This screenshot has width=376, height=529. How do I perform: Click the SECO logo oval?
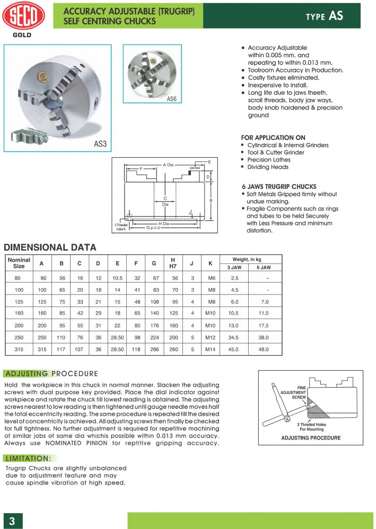coord(24,16)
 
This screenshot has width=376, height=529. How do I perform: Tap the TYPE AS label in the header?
coord(324,16)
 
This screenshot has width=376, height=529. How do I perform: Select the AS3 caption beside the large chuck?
coord(100,144)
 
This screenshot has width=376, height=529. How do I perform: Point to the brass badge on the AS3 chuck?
coord(39,77)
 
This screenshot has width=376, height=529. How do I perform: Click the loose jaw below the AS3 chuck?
coord(33,135)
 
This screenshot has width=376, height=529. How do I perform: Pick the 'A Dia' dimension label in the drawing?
coord(168,165)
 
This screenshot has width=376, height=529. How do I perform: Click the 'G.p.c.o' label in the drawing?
coord(153,227)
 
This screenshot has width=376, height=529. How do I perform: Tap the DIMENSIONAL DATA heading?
coord(50,247)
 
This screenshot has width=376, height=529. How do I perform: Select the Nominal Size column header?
coord(19,263)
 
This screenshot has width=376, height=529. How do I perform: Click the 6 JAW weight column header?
coord(264,268)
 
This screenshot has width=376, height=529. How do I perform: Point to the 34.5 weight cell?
coord(234,337)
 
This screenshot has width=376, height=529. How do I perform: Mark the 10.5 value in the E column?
coord(117,278)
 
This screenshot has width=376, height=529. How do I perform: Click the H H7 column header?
coord(173,263)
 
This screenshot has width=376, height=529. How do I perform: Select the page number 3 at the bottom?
coord(12,521)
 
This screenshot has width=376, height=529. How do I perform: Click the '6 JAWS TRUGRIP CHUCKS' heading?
coord(278,187)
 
